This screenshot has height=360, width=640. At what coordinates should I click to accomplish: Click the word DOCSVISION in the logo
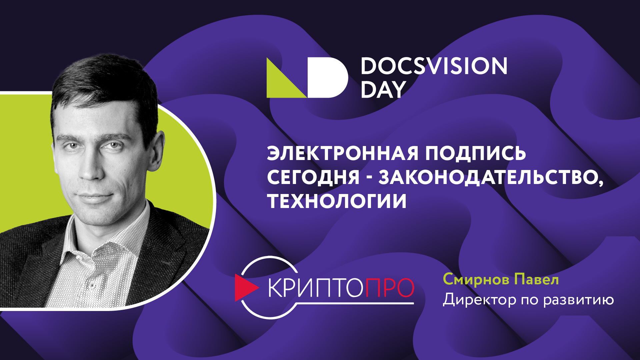[x=434, y=66]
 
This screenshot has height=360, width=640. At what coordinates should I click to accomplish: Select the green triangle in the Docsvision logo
[x=282, y=83]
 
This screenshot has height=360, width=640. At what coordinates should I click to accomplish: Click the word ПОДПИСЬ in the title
[x=475, y=153]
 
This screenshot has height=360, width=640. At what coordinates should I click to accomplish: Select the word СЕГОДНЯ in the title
[x=313, y=177]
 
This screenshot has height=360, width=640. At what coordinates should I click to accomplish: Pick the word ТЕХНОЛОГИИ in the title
[x=337, y=201]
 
